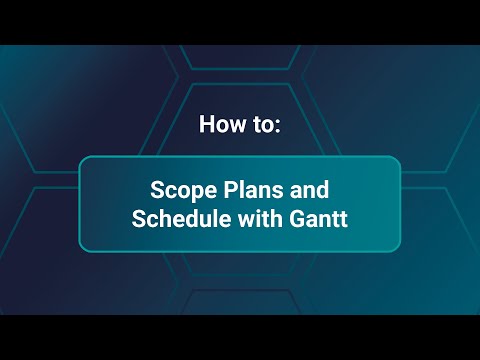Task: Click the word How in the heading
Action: pos(221,126)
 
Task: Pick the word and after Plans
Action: pos(309,189)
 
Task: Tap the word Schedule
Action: pos(175,219)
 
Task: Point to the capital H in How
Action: pos(207,126)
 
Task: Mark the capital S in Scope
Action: pos(158,189)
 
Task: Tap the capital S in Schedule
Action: pos(139,219)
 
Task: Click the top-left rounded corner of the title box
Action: pos(84,161)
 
